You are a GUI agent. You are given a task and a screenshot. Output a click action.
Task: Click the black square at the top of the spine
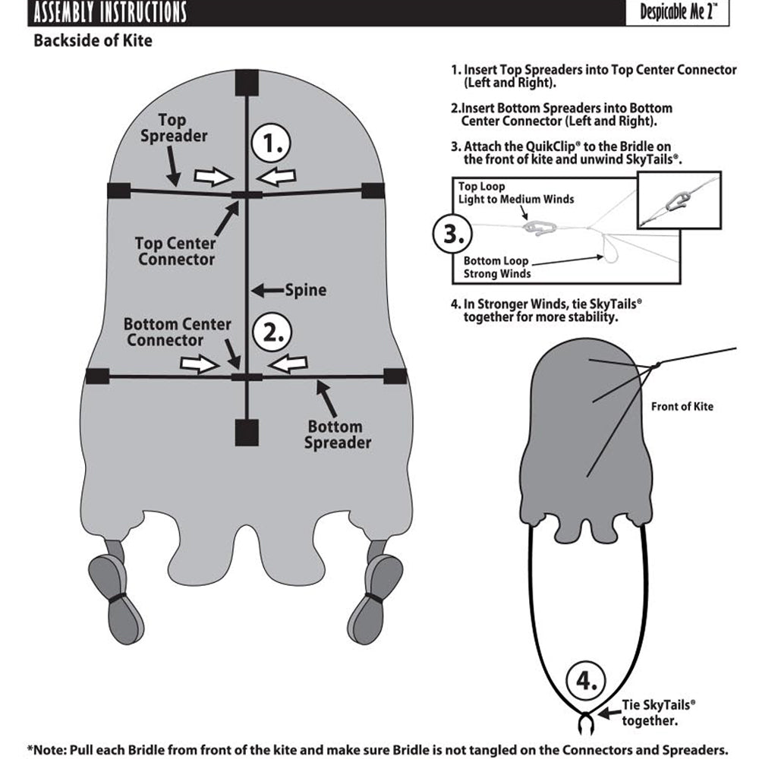coord(247,82)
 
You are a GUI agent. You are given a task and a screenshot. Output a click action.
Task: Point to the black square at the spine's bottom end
coord(247,433)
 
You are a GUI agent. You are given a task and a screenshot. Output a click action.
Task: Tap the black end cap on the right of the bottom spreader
coord(395,375)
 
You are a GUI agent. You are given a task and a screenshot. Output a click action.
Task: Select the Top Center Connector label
coord(175,251)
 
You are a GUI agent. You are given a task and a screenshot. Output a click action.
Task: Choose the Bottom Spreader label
coord(338,434)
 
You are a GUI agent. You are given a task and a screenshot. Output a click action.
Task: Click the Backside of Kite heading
coord(93,41)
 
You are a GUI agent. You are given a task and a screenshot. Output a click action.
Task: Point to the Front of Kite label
coord(682,406)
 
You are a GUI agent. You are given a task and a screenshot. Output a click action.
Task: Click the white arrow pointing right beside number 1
coord(212,177)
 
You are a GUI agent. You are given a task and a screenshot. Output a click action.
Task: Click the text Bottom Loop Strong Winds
coord(498,266)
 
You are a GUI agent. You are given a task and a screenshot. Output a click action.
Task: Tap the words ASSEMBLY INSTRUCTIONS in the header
coord(111,13)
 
